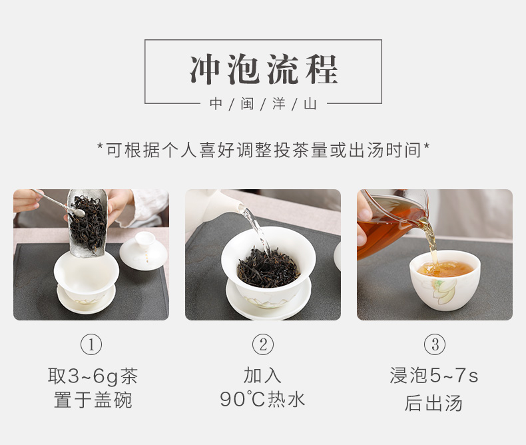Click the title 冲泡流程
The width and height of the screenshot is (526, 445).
[x=264, y=69]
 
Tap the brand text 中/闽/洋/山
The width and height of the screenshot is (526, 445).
[x=264, y=104]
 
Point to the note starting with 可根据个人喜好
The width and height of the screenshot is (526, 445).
[x=264, y=150]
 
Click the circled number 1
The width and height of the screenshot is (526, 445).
[x=91, y=344]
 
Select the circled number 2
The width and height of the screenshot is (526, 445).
[x=263, y=344]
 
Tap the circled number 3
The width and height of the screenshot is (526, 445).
[x=435, y=344]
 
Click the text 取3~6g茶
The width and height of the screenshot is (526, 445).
[x=93, y=376]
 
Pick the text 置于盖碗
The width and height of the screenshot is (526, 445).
[x=93, y=400]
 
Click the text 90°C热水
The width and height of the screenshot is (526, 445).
[x=262, y=399]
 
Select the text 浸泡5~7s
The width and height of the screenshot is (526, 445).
[x=433, y=375]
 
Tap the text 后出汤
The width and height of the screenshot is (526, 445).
[x=433, y=403]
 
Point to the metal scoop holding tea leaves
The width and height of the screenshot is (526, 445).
[x=88, y=223]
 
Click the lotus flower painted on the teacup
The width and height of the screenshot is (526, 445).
[x=443, y=290]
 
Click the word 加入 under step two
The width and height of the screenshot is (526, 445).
[x=262, y=375]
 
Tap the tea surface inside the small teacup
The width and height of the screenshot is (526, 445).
[x=445, y=269]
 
